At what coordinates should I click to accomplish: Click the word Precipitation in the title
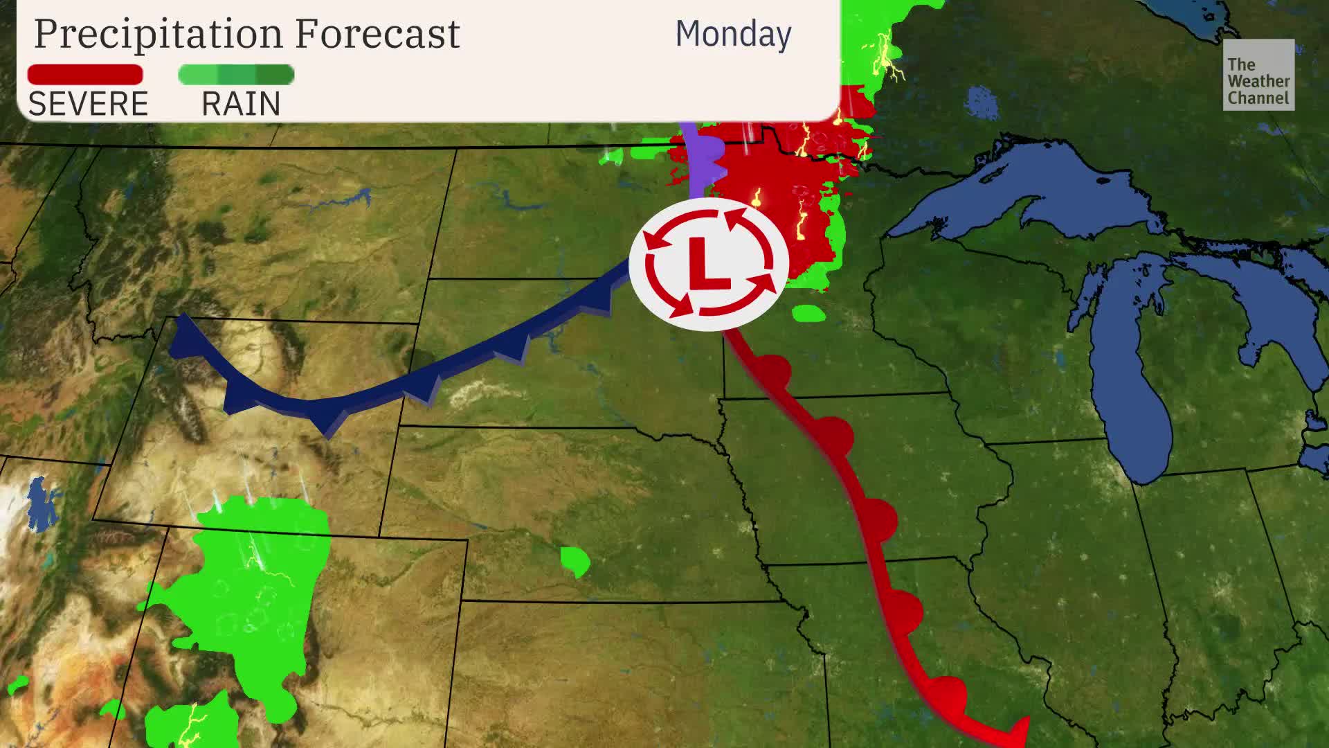pyautogui.click(x=159, y=33)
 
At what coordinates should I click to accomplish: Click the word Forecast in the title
pyautogui.click(x=377, y=33)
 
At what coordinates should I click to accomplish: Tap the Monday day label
pyautogui.click(x=733, y=34)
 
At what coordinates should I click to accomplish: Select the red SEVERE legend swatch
pyautogui.click(x=85, y=75)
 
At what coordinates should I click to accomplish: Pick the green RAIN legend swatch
pyautogui.click(x=236, y=75)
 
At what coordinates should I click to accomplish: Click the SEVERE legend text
pyautogui.click(x=88, y=104)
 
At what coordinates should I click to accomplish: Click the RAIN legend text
pyautogui.click(x=241, y=104)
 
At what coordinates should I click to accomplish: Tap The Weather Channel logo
pyautogui.click(x=1258, y=75)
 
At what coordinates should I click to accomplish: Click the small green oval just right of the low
pyautogui.click(x=808, y=313)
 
